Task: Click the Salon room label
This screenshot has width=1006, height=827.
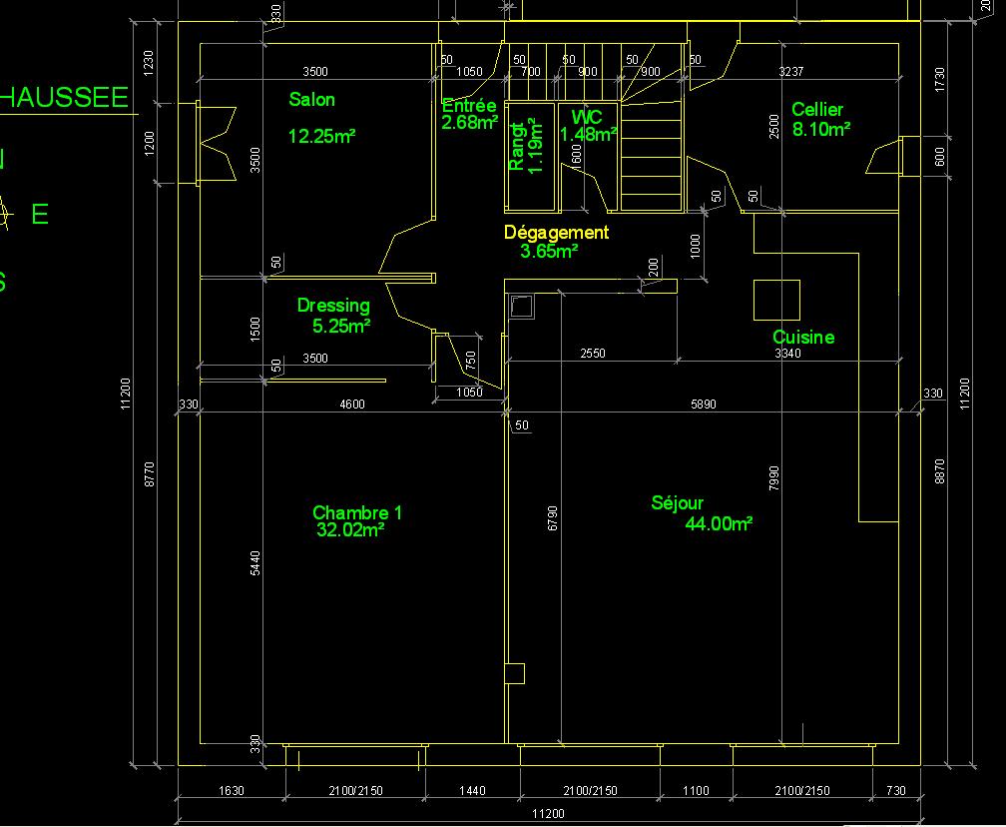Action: coord(311,100)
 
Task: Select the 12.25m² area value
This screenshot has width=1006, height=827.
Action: coord(322,136)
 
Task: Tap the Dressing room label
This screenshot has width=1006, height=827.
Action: coord(333,306)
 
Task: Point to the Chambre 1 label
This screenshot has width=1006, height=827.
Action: coord(357,512)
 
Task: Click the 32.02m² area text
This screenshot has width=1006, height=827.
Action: coord(350,530)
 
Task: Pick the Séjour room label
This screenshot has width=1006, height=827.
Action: coord(678,503)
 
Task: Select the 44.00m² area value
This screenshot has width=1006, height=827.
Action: coord(719,523)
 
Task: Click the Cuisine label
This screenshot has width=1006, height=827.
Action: coord(803,338)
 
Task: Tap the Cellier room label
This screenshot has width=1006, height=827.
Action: coord(817,110)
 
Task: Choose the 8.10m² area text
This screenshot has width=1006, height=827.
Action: coord(821,129)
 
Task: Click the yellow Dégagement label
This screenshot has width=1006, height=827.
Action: coord(556,233)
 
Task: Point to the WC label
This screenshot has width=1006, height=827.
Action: coord(587,117)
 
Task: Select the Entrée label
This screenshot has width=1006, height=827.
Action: coord(469,106)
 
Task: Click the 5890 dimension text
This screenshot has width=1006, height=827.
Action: coord(704,405)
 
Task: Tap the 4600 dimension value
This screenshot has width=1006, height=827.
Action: coord(352,405)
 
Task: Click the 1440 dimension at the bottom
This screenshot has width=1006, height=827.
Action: coord(472,791)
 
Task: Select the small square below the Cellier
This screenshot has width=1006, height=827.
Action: coord(775,300)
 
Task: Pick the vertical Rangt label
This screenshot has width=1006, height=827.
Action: coord(517,147)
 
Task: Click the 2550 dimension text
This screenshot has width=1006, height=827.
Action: coord(593,354)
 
